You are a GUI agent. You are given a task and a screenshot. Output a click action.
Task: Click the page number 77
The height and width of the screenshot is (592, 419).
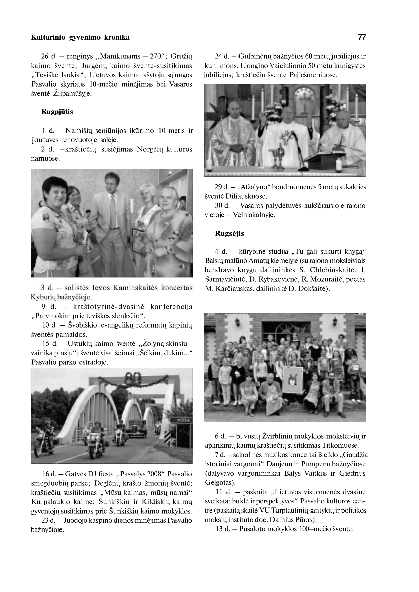[x=362, y=37]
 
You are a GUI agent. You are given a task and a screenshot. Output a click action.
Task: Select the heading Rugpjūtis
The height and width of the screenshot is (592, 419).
[x=57, y=112]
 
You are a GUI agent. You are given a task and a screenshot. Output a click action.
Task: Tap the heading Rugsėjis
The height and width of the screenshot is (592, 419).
[x=229, y=233]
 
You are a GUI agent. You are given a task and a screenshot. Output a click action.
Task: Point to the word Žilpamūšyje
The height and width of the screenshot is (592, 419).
[x=72, y=94]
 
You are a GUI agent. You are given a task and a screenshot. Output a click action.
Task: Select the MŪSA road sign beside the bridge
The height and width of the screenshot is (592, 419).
[x=183, y=420]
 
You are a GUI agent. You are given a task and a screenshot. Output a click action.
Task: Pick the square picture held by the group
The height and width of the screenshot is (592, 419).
[x=292, y=380]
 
